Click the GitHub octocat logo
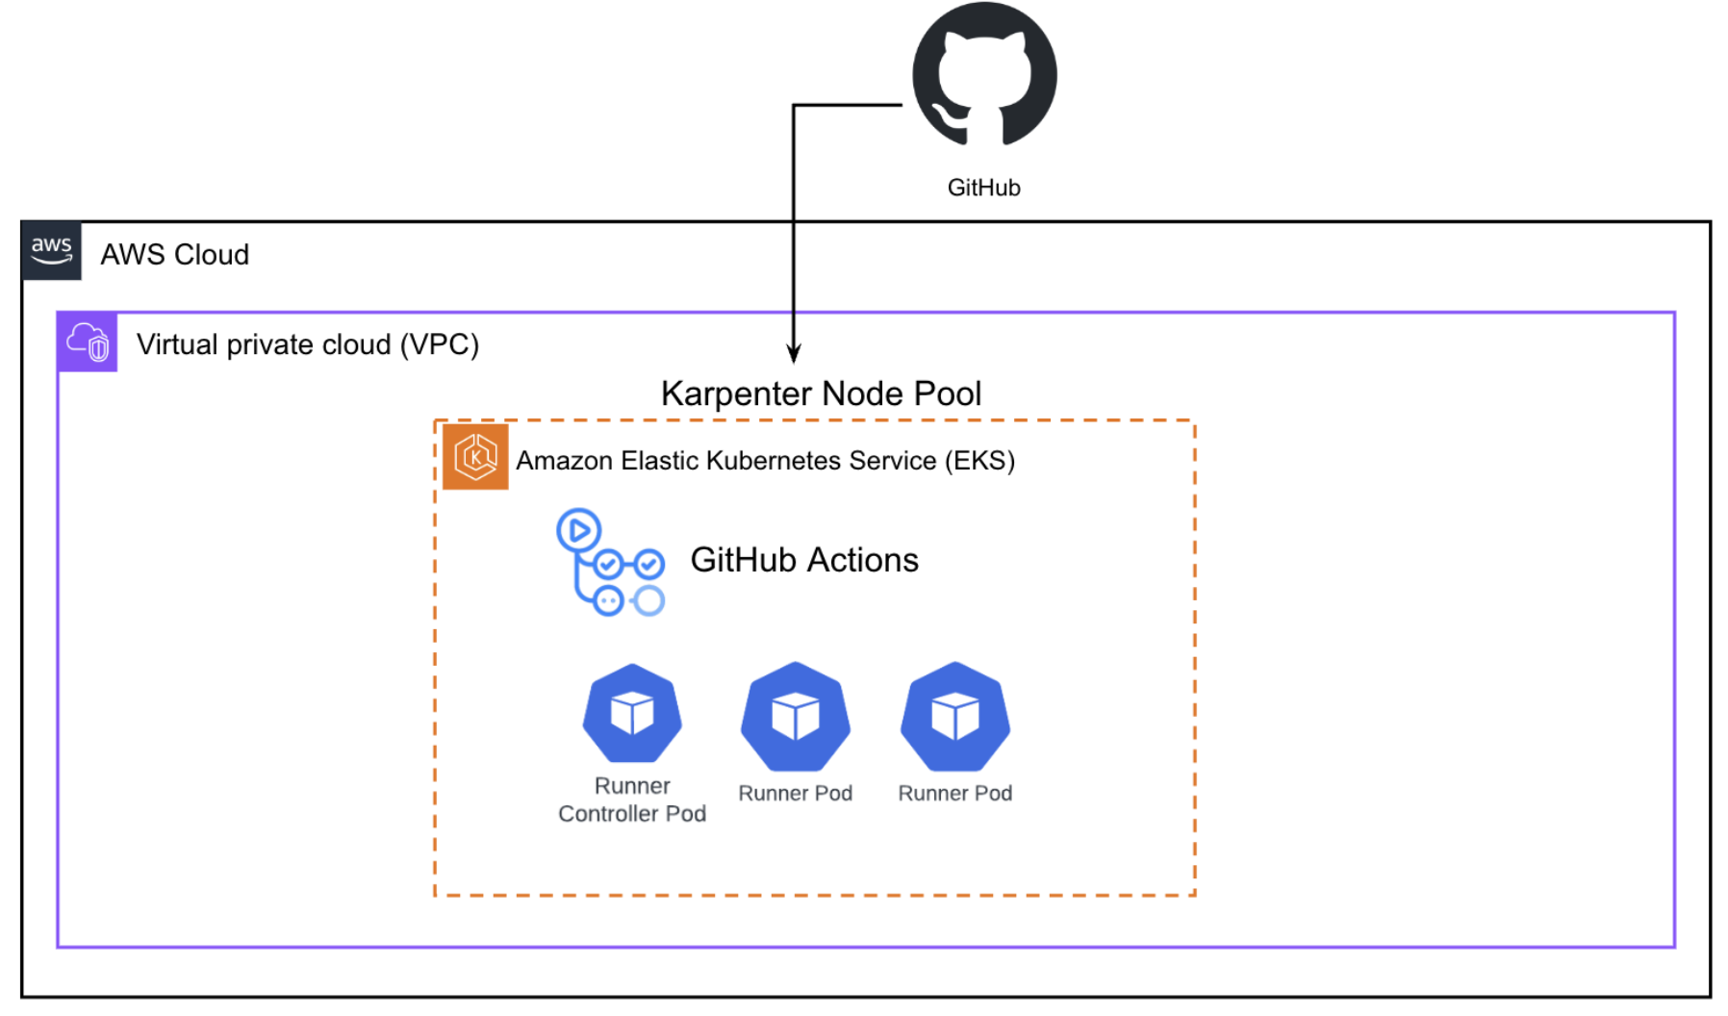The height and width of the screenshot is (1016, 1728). [983, 75]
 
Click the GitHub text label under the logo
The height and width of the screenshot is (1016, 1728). [983, 188]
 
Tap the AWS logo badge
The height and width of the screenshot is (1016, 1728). [51, 251]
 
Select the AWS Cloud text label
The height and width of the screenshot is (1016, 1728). [174, 255]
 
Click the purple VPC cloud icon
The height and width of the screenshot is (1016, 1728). [88, 343]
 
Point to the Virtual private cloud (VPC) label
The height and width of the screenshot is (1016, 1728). [307, 344]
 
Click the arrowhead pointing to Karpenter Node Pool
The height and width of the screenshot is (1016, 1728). [794, 353]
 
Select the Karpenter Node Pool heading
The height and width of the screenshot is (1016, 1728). [821, 394]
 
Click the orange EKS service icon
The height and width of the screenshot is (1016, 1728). [475, 457]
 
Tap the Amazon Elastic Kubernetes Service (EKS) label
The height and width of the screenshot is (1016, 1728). [765, 461]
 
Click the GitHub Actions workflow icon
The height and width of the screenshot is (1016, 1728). [610, 563]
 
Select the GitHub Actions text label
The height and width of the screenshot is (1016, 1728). [804, 560]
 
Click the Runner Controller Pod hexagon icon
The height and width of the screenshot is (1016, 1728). [632, 714]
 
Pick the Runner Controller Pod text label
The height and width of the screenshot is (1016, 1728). [632, 800]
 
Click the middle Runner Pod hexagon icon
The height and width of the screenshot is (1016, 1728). [795, 717]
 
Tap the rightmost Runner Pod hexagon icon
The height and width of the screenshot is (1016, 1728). [954, 717]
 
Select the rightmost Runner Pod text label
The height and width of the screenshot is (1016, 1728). [954, 794]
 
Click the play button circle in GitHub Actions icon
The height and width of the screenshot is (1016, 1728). [579, 530]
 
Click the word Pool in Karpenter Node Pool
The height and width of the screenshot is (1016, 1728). [948, 394]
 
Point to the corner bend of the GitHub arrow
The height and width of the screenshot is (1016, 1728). [794, 105]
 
